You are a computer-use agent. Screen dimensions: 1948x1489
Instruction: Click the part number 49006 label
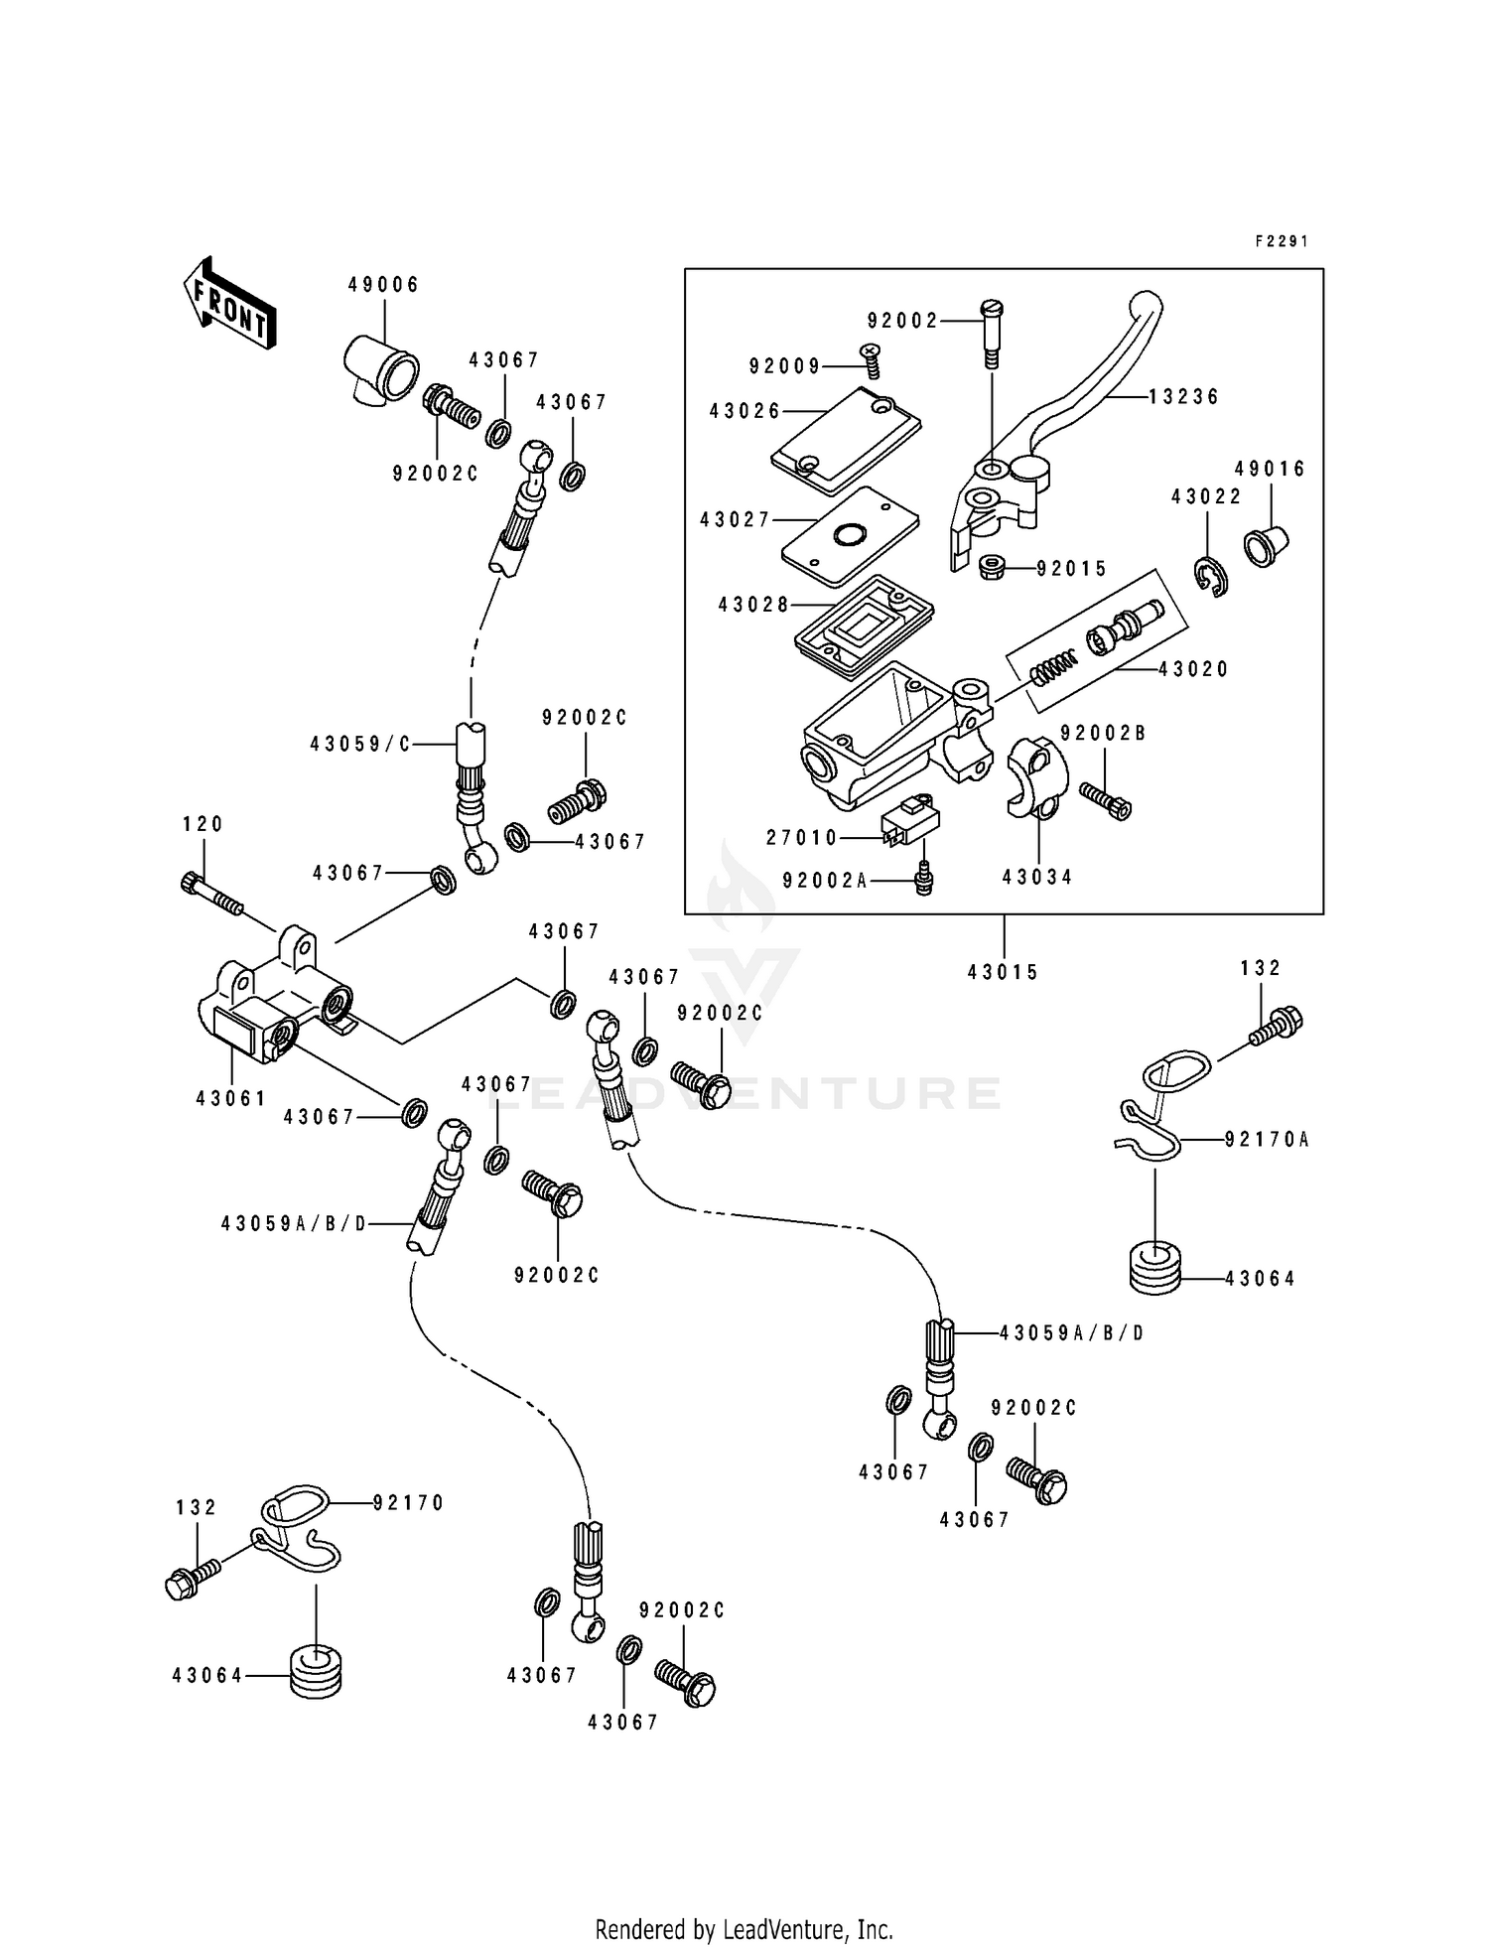click(383, 285)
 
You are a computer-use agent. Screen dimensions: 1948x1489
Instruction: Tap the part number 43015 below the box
click(1003, 972)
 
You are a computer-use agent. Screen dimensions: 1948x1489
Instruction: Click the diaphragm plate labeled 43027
click(849, 536)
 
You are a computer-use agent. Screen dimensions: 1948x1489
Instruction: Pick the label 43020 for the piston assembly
click(1193, 670)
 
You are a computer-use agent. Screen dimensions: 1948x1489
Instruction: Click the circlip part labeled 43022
click(1210, 577)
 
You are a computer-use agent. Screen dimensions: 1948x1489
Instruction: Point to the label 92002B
click(1102, 733)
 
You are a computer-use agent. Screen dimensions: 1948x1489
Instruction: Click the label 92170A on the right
click(1266, 1140)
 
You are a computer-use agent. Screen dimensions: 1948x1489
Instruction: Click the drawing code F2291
click(1282, 241)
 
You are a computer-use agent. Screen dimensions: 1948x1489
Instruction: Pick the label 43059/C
click(359, 743)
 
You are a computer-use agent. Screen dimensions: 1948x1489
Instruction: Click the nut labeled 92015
click(994, 569)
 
